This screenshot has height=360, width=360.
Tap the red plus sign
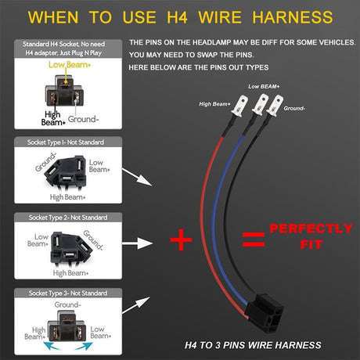[182, 238]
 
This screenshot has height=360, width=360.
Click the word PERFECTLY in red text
[311, 229]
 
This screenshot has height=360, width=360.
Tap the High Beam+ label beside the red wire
[216, 103]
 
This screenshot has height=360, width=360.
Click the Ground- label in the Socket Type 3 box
[69, 305]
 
